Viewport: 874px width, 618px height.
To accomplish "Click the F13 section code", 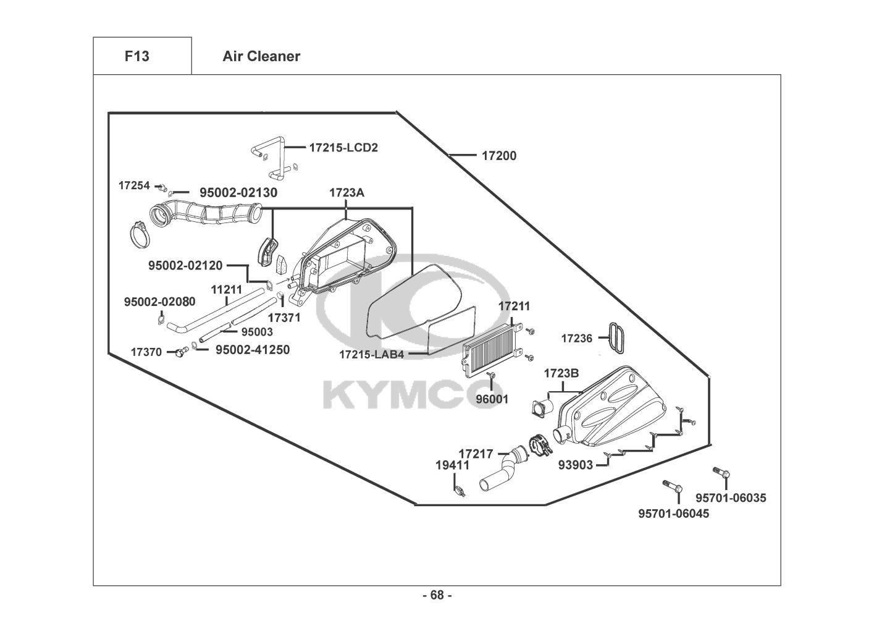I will tap(137, 56).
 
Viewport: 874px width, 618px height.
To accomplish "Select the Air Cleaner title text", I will tap(261, 56).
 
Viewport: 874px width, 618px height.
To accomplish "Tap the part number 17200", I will tap(499, 156).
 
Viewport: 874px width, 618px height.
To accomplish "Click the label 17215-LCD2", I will tap(343, 148).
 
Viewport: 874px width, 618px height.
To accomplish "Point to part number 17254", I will tap(134, 185).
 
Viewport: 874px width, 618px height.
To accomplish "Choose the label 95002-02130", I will tap(238, 193).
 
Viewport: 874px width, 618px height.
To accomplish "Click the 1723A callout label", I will tap(347, 193).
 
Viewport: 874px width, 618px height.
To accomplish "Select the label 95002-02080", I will tap(159, 302).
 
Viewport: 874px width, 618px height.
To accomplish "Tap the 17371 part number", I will tap(284, 318).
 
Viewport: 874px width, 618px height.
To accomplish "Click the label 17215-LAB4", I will tap(371, 355).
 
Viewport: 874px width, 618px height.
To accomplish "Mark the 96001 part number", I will tap(492, 399).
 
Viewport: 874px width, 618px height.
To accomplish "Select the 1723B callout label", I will tap(561, 374).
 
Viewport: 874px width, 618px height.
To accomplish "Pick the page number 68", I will tap(437, 595).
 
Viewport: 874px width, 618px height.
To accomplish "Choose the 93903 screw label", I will tap(576, 465).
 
